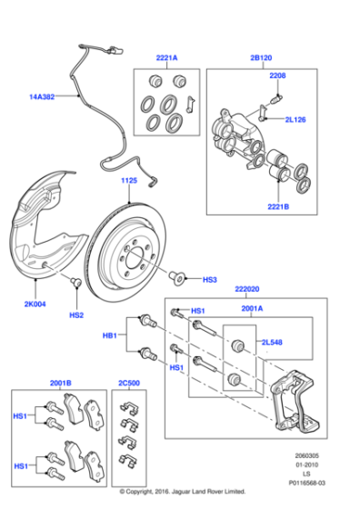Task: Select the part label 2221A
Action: [x=165, y=57]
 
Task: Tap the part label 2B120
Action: [x=261, y=57]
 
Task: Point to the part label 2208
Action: [x=277, y=76]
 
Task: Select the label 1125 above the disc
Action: [x=128, y=182]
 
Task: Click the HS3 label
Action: [x=209, y=280]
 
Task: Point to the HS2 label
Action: [x=76, y=315]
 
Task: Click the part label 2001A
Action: [x=252, y=309]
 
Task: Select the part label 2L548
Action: [x=274, y=344]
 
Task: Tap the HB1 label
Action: [x=110, y=335]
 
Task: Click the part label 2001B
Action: [x=61, y=383]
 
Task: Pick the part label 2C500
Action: [x=130, y=383]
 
